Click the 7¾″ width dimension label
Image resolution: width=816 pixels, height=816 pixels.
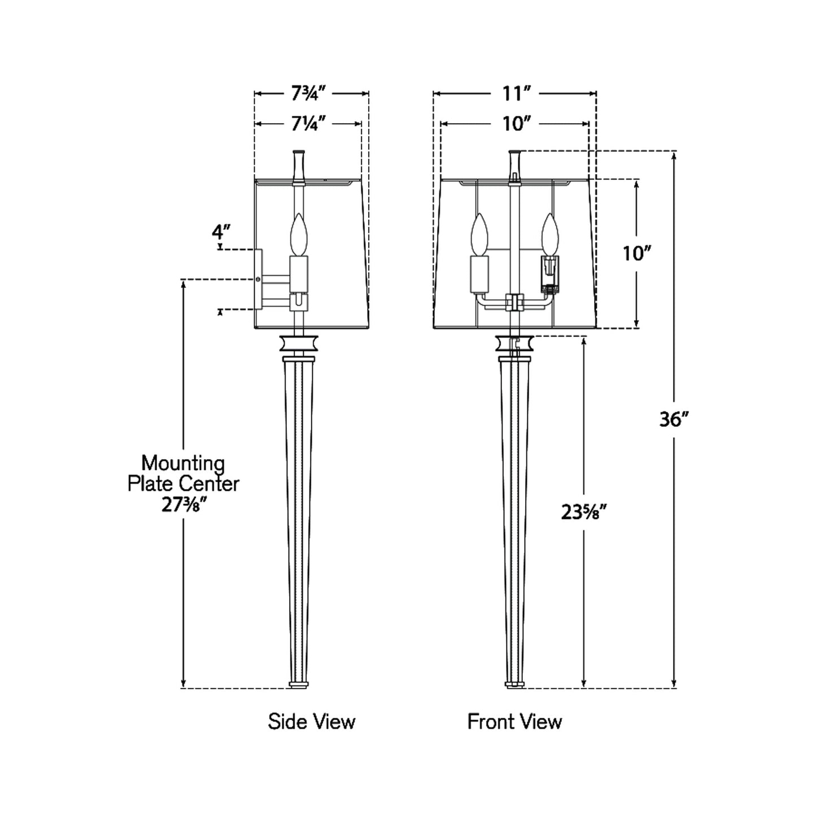309,94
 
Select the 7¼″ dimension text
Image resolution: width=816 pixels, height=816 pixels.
309,123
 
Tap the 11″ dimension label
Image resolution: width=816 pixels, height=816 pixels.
514,94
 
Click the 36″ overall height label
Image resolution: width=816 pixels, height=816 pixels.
674,419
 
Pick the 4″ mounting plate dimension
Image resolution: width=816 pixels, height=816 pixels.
221,232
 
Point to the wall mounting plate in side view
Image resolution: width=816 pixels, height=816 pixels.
258,279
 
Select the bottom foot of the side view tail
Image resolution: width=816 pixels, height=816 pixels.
299,684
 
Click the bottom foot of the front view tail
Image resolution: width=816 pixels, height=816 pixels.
514,684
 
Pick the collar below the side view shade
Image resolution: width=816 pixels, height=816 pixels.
299,343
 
